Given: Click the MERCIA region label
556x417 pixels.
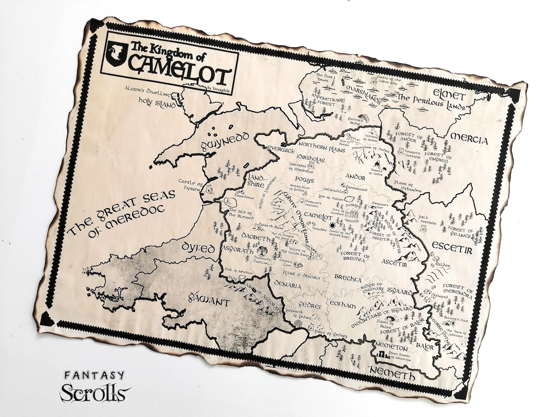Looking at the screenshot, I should [x=469, y=139].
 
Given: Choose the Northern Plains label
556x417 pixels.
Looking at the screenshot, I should [x=319, y=146].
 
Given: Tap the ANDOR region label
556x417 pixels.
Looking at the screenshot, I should [x=356, y=176].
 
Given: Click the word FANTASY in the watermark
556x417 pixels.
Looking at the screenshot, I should [x=94, y=376].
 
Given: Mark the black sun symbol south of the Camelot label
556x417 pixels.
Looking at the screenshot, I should [x=333, y=225].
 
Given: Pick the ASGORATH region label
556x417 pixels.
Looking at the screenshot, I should [x=238, y=249].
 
